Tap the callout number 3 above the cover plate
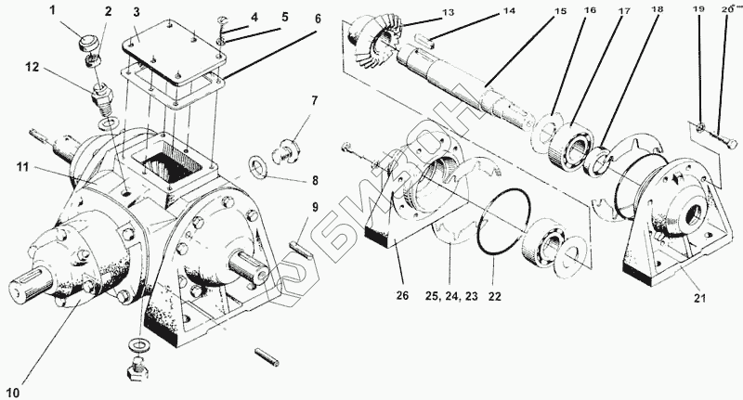coord(136,11)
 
